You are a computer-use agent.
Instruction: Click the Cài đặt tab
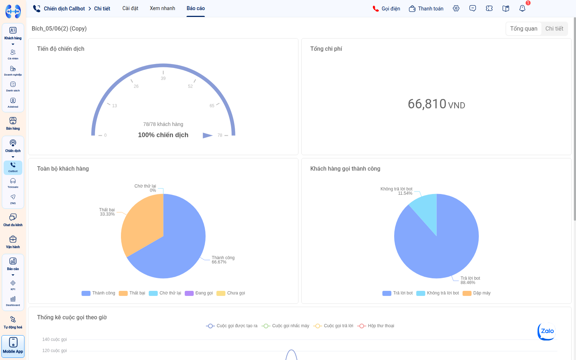point(130,8)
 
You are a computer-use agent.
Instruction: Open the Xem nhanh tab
point(162,8)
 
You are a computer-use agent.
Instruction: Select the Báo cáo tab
point(195,8)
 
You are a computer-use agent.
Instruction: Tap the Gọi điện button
point(386,9)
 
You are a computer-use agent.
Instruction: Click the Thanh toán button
point(426,9)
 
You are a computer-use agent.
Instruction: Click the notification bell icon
point(522,9)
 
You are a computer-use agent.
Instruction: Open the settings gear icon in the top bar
point(456,9)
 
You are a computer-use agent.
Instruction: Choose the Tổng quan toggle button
point(523,28)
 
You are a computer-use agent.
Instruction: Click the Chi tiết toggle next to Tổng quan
point(554,28)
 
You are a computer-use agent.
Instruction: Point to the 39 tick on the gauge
point(163,78)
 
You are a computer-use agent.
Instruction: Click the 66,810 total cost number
point(427,104)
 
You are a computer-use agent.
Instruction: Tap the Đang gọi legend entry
point(199,293)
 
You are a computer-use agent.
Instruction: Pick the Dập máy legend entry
point(477,293)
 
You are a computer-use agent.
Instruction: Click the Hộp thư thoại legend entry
point(376,326)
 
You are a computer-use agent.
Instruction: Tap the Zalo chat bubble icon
point(546,332)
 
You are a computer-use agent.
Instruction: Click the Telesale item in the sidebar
point(13,183)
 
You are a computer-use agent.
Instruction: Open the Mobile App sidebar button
point(13,346)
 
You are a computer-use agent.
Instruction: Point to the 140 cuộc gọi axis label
point(54,339)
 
